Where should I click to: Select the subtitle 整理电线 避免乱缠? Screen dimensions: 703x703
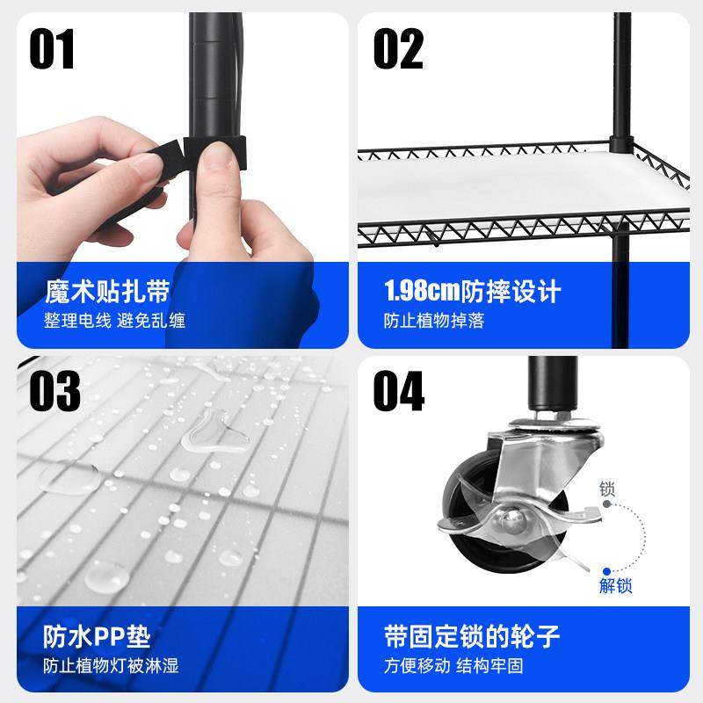pos(114,321)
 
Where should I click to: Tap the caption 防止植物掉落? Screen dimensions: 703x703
pos(433,321)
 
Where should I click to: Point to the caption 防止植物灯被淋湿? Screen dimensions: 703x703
pos(112,665)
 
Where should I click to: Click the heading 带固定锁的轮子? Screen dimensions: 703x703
pos(471,635)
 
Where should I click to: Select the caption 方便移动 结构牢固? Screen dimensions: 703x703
pos(453,665)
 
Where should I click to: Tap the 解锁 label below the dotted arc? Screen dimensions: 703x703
pos(615,585)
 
